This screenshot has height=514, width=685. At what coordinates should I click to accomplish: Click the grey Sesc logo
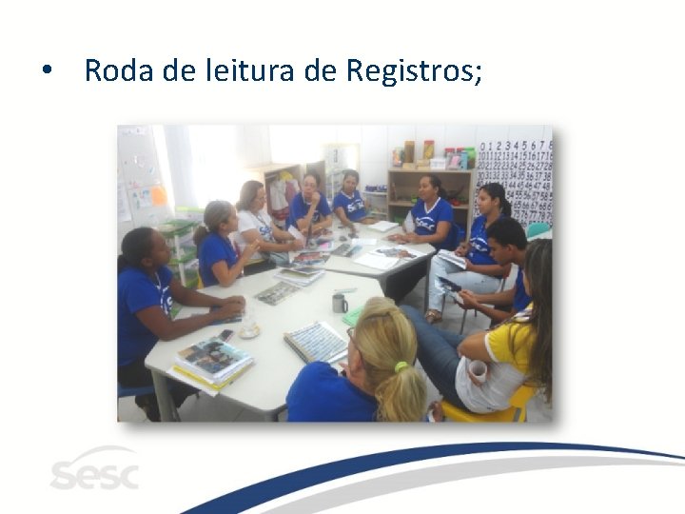pyautogui.click(x=94, y=471)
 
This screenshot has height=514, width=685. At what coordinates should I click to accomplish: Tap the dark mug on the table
pyautogui.click(x=340, y=303)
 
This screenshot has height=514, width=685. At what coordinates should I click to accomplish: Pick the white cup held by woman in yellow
pyautogui.click(x=477, y=371)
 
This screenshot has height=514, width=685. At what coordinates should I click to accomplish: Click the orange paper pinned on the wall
pyautogui.click(x=158, y=195)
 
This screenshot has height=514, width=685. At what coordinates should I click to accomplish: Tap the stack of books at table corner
pyautogui.click(x=212, y=362)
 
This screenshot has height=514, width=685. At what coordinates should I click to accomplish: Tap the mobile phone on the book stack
pyautogui.click(x=225, y=336)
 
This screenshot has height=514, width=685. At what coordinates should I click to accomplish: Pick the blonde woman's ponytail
pyautogui.click(x=400, y=390)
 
